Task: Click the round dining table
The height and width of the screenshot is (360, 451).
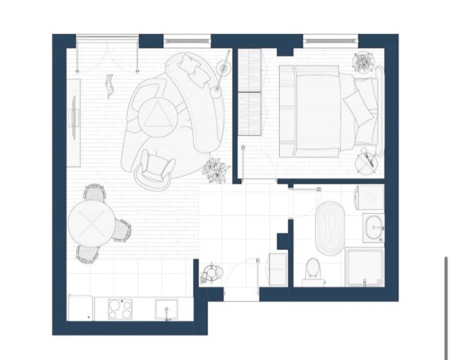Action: (x=91, y=222)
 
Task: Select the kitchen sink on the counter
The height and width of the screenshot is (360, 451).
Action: (x=168, y=309)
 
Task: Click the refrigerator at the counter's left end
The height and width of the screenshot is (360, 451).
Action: (x=80, y=308)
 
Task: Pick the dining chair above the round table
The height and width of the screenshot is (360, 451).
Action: (x=94, y=193)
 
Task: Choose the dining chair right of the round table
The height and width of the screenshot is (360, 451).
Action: (x=123, y=230)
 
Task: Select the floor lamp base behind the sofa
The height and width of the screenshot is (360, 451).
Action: (x=223, y=68)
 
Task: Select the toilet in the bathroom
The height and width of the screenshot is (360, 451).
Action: (x=313, y=271)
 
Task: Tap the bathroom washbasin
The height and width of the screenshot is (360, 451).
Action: (x=373, y=228)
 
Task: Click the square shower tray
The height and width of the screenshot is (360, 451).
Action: (x=365, y=266)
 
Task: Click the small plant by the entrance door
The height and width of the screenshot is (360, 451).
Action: (x=211, y=272)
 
